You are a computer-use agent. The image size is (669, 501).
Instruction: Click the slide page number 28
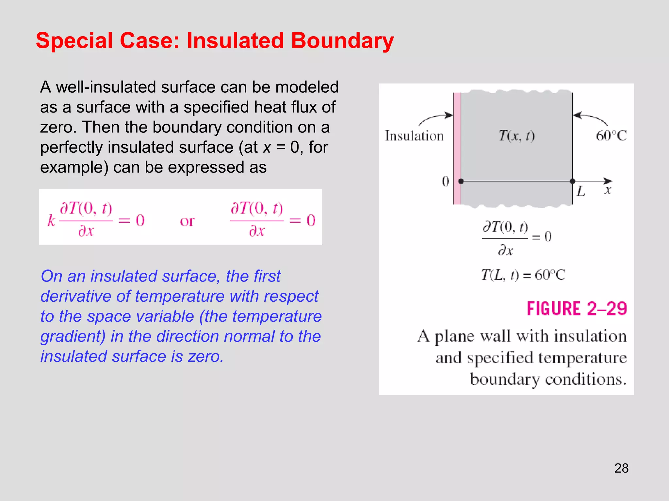point(621,468)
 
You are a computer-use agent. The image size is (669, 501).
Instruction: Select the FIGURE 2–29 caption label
point(577,309)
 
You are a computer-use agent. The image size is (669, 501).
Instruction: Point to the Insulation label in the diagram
point(414,136)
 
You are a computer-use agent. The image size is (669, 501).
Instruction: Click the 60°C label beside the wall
point(611,136)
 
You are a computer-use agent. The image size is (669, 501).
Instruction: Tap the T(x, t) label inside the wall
point(516,135)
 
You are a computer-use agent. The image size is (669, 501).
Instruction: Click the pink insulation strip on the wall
point(457,147)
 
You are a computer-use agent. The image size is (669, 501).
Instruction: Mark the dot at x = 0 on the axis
point(461,181)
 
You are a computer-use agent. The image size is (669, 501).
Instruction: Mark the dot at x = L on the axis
point(573,181)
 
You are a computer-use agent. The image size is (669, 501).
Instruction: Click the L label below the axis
point(580,191)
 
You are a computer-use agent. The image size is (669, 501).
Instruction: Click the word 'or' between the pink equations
point(187,221)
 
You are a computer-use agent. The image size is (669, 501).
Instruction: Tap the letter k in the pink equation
point(51,221)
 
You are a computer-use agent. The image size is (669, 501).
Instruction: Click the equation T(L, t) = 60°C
point(523,275)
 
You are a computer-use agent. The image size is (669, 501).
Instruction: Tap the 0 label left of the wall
point(446,181)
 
